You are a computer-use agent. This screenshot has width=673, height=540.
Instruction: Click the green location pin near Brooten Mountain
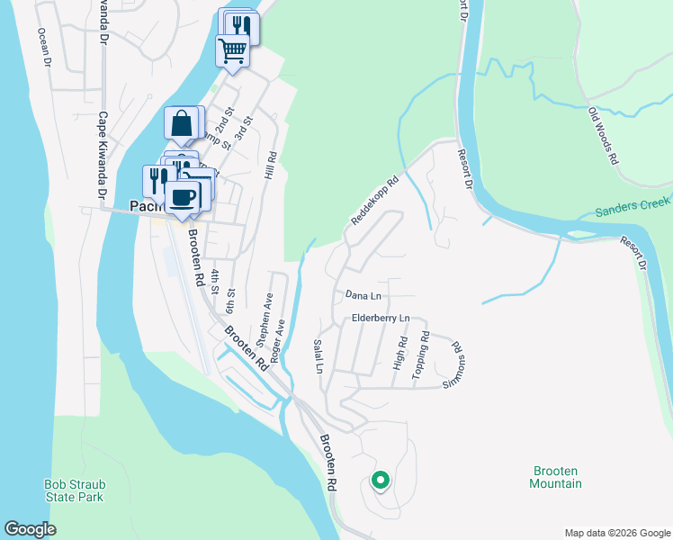380,481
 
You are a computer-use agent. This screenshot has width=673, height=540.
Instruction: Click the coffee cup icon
184,196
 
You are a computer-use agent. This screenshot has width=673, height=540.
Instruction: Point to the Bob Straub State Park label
74,490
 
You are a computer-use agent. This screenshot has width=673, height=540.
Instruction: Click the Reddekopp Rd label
373,200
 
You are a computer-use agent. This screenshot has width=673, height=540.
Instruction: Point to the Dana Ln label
363,295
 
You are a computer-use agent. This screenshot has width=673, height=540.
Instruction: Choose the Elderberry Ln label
381,319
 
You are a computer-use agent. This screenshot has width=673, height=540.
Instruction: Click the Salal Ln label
318,355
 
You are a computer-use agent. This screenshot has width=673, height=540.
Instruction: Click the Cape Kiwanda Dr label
103,155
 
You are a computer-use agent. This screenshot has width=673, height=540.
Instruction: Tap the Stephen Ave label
265,320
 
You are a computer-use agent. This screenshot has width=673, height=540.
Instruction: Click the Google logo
30,529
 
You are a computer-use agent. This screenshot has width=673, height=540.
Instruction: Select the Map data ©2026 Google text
616,532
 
